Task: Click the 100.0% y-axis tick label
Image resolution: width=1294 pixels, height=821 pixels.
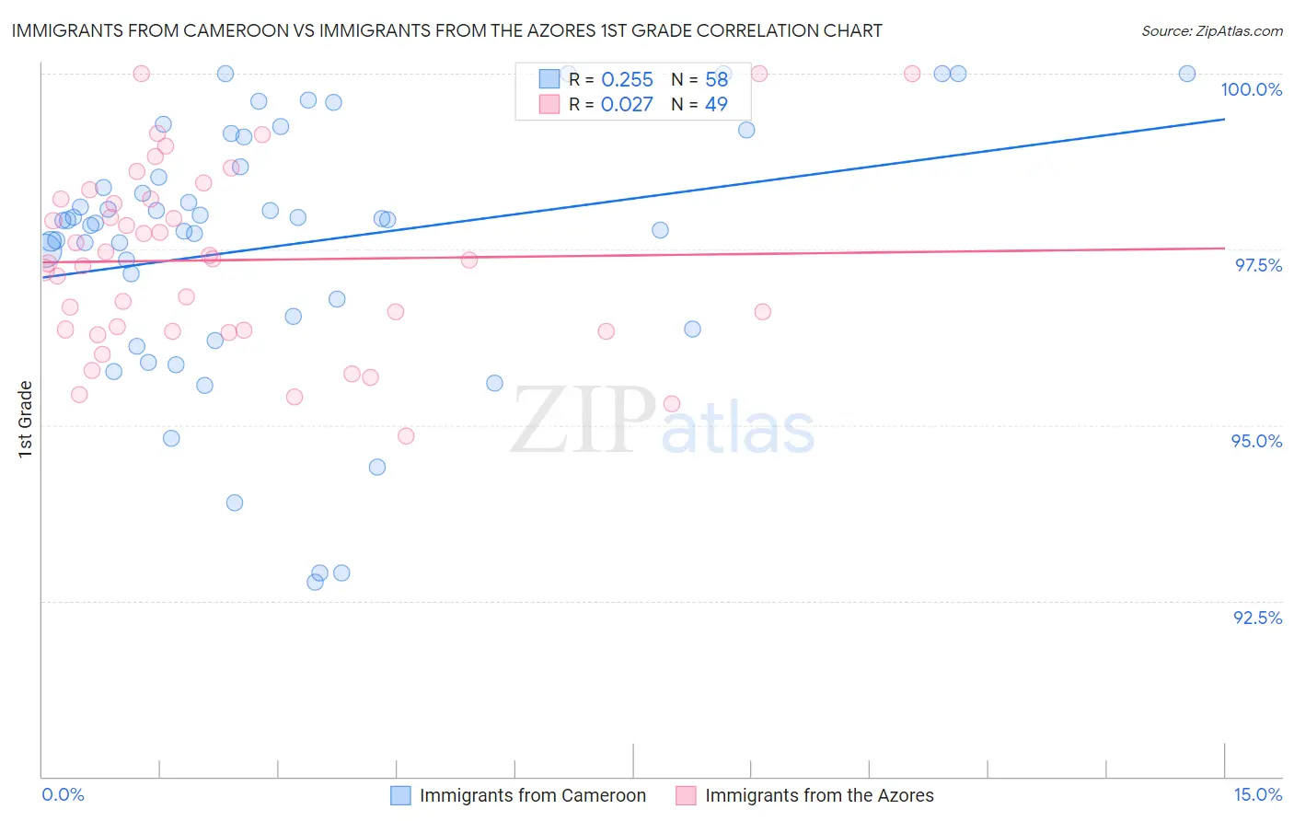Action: (x=1251, y=89)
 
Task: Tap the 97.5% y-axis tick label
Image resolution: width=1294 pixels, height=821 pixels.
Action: (x=1258, y=265)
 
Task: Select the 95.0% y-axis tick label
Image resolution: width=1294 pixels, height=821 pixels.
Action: (x=1256, y=441)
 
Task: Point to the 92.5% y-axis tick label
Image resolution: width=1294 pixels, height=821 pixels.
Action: (x=1257, y=618)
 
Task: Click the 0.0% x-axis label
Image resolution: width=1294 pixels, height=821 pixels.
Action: (x=63, y=794)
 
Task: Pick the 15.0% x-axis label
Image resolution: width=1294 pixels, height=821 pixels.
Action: (x=1257, y=794)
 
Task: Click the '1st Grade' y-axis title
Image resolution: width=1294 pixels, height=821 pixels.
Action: (x=25, y=419)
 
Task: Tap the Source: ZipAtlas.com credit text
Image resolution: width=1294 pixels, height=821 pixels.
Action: (x=1211, y=31)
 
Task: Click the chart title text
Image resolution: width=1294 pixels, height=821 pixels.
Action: (x=446, y=31)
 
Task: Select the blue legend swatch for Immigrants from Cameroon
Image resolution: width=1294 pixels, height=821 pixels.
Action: (x=400, y=795)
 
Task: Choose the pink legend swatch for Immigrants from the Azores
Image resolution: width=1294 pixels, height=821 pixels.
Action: (x=686, y=795)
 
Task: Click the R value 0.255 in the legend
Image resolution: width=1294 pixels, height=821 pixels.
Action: (x=627, y=80)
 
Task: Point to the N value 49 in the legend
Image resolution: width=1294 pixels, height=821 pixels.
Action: (x=716, y=105)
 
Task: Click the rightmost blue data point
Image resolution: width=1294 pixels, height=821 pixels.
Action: (x=1187, y=74)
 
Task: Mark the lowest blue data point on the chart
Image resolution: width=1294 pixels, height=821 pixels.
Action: (x=315, y=582)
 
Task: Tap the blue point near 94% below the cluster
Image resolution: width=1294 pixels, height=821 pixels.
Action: (x=235, y=503)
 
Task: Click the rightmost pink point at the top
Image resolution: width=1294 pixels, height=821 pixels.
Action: (x=912, y=74)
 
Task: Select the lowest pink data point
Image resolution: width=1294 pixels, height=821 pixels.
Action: (x=406, y=435)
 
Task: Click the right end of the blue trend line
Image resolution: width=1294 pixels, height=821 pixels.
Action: (x=1224, y=120)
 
